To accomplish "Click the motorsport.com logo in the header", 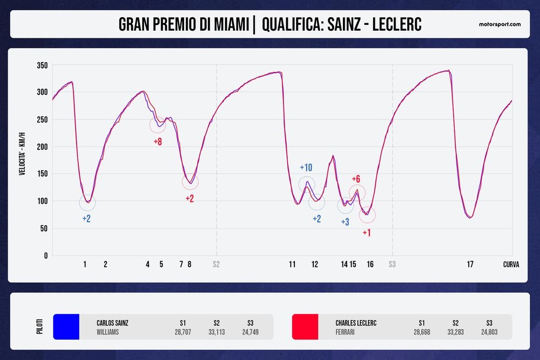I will pyautogui.click(x=500, y=24).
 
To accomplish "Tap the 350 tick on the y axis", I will pyautogui.click(x=42, y=66).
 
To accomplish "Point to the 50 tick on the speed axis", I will pyautogui.click(x=44, y=228).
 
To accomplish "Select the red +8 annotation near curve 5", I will pyautogui.click(x=158, y=142).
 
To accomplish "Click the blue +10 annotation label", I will pyautogui.click(x=306, y=167).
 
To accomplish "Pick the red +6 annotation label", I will pyautogui.click(x=356, y=179).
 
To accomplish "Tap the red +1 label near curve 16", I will pyautogui.click(x=366, y=233).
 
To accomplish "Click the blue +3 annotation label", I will pyautogui.click(x=345, y=222).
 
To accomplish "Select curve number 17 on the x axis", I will pyautogui.click(x=470, y=264).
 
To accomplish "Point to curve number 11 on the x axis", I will pyautogui.click(x=292, y=264).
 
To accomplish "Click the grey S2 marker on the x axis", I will pyautogui.click(x=216, y=264).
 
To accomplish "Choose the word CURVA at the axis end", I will pyautogui.click(x=511, y=264).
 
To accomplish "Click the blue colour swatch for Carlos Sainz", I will pyautogui.click(x=66, y=327).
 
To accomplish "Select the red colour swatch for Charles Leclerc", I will pyautogui.click(x=305, y=327).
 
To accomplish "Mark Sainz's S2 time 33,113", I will pyautogui.click(x=217, y=332).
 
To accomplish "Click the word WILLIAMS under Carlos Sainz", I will pyautogui.click(x=108, y=332).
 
